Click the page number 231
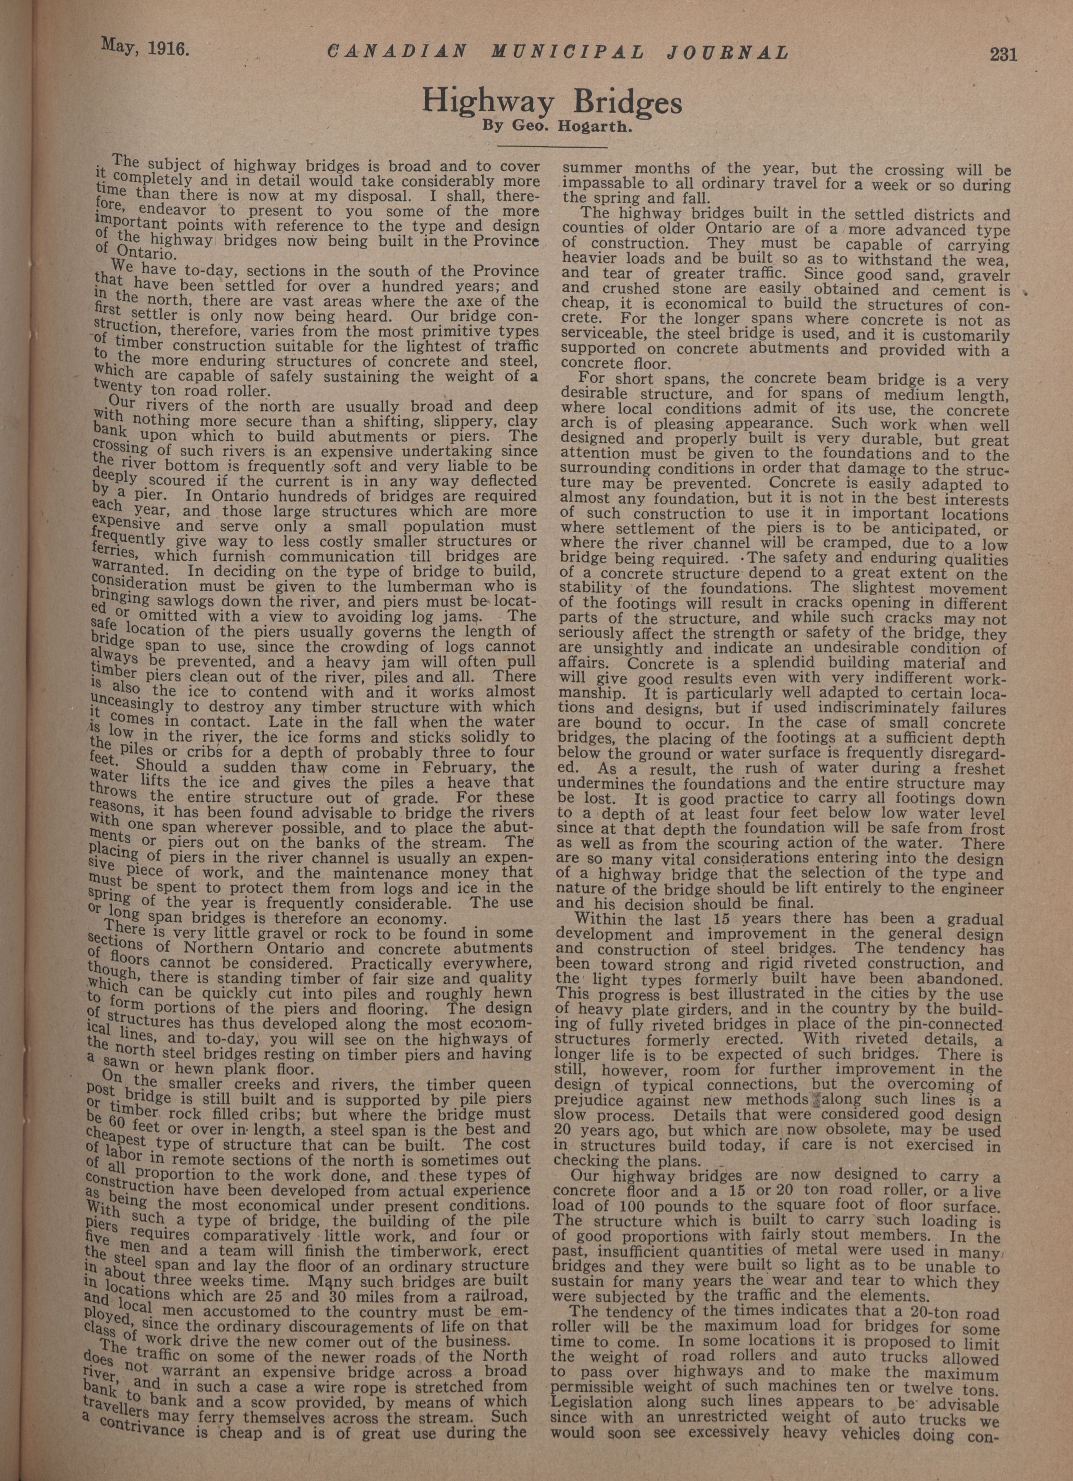(1003, 54)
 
